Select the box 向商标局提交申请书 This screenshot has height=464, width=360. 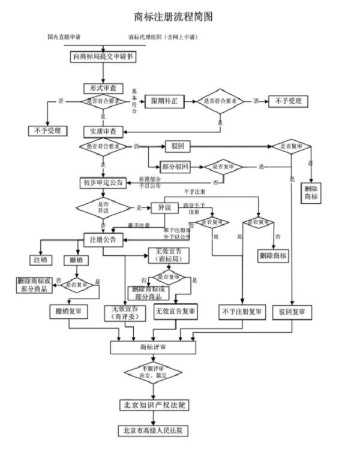(103, 57)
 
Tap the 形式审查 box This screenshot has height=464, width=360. (103, 88)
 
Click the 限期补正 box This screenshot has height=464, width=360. (163, 101)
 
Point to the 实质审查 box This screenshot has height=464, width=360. (103, 131)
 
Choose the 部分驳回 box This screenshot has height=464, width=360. (175, 167)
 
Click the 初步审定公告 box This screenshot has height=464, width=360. (103, 182)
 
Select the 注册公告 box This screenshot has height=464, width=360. (103, 239)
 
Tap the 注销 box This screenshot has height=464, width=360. (40, 260)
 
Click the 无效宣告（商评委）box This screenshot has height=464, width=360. (124, 313)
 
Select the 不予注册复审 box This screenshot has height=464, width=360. (241, 312)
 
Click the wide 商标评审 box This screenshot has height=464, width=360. (154, 347)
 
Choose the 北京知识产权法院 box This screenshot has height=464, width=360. (154, 405)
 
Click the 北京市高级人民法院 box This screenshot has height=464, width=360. (154, 430)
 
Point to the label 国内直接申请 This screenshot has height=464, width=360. (64, 37)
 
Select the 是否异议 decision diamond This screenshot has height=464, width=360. (103, 208)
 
